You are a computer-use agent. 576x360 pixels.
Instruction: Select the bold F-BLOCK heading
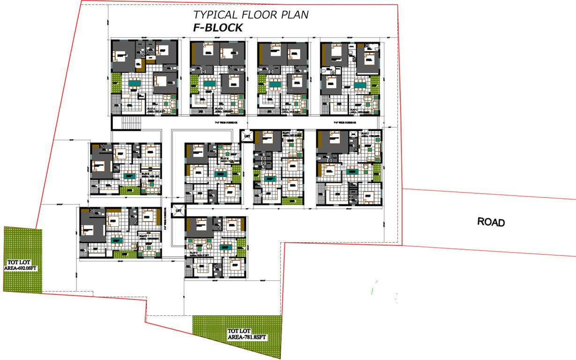(218, 28)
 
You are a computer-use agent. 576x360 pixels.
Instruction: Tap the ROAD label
(491, 222)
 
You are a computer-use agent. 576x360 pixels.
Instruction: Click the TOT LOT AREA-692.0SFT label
(22, 265)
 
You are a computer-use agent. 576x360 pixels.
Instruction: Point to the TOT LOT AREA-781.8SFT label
(247, 334)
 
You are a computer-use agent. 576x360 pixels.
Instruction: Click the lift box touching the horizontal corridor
(247, 136)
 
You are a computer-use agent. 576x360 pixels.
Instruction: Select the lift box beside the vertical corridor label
(178, 210)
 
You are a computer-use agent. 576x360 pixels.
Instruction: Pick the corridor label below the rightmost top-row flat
(345, 122)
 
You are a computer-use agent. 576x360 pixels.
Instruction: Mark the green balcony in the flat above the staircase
(116, 79)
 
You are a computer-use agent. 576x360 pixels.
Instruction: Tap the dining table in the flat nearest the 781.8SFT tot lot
(227, 246)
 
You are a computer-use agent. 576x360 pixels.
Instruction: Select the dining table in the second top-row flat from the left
(208, 85)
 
